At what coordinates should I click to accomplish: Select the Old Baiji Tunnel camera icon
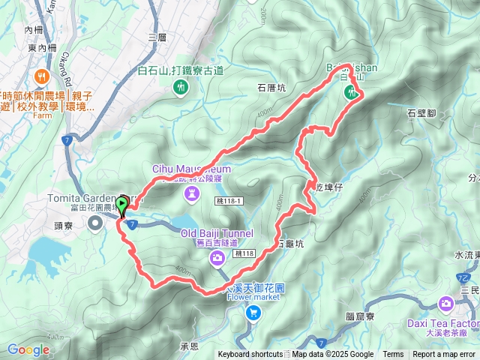pyautogui.click(x=217, y=259)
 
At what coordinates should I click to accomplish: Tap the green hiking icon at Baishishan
pyautogui.click(x=350, y=93)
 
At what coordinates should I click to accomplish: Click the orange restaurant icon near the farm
pyautogui.click(x=46, y=76)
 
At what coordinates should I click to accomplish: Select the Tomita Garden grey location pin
pyautogui.click(x=95, y=223)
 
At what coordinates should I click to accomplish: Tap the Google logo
pyautogui.click(x=28, y=349)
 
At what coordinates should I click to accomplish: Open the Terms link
pyautogui.click(x=393, y=355)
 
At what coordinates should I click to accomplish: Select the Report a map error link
pyautogui.click(x=444, y=355)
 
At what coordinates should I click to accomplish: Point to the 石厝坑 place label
pyautogui.click(x=271, y=87)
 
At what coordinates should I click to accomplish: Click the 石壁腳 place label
pyautogui.click(x=421, y=113)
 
